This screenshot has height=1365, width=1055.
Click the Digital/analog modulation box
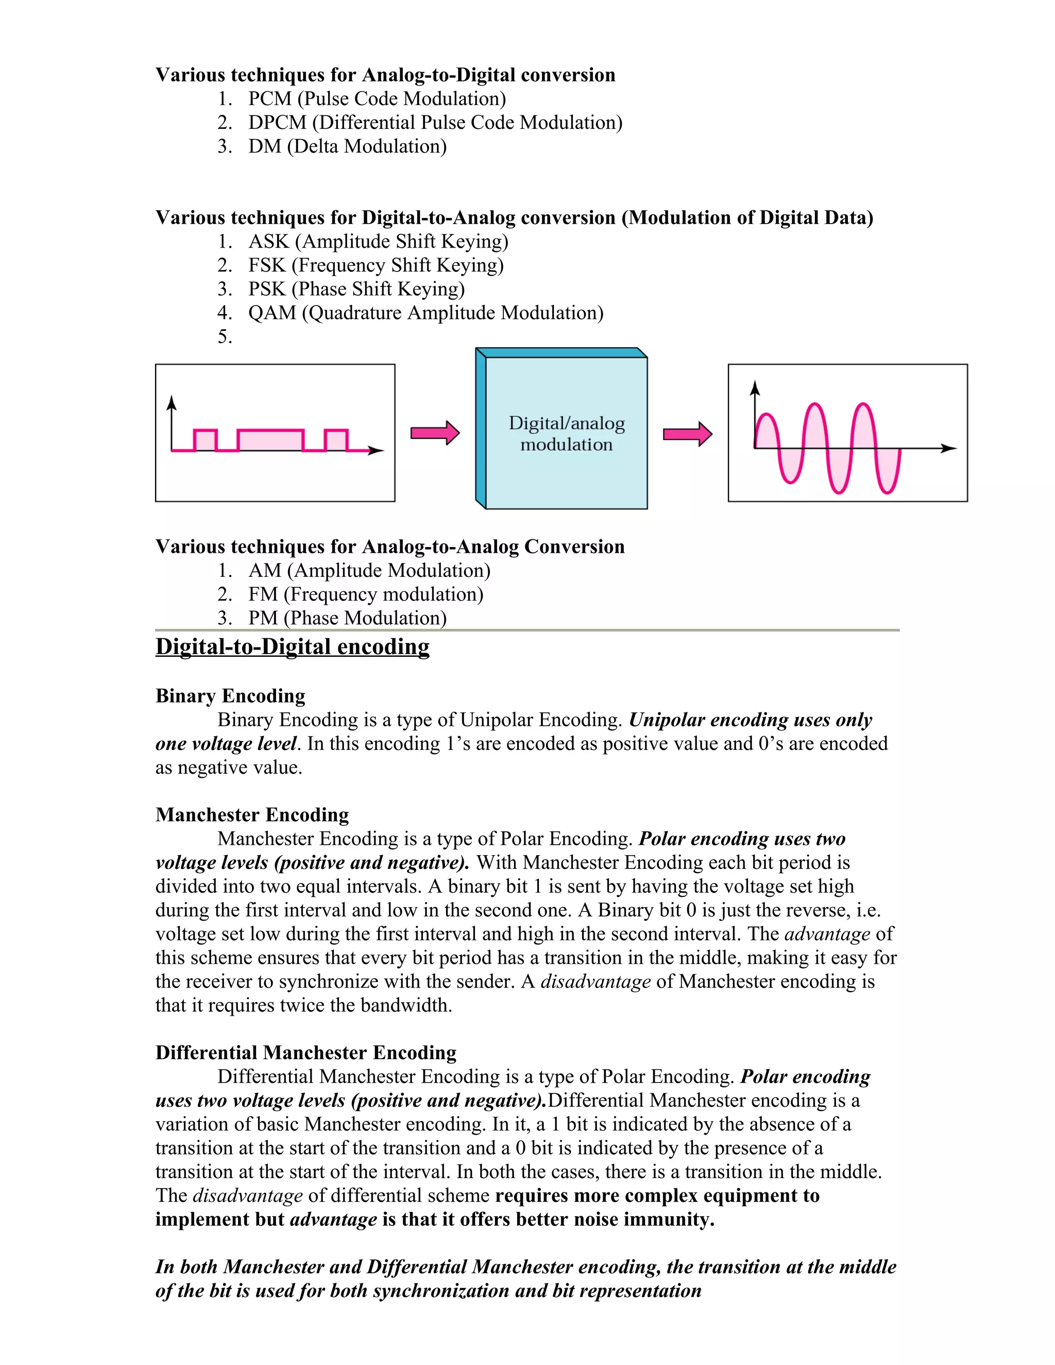566,433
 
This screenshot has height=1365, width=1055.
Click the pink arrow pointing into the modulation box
435,433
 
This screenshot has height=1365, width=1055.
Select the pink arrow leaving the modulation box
687,434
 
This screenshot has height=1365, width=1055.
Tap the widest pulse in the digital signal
270,440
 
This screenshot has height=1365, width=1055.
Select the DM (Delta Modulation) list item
347,146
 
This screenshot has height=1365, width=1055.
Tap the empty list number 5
225,337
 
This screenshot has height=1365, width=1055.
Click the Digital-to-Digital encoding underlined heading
293,646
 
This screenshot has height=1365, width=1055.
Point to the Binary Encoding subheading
230,695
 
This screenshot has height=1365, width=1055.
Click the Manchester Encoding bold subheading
252,814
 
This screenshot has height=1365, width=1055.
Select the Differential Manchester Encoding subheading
305,1052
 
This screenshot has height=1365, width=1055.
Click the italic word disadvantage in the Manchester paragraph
595,981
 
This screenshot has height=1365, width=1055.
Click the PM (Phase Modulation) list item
347,618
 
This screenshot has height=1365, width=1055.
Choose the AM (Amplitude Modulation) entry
369,571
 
